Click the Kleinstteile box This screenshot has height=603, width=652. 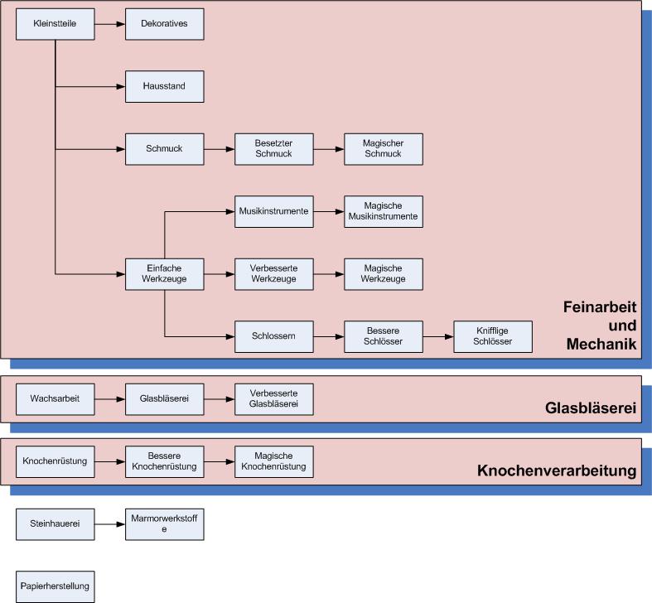tap(56, 24)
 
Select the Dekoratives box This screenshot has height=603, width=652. tap(164, 24)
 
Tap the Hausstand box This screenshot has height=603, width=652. tap(164, 86)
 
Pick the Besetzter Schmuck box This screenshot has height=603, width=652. tap(273, 149)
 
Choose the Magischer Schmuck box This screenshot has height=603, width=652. tap(383, 149)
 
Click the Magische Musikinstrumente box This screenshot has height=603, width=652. tap(383, 211)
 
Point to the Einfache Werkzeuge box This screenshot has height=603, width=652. tap(164, 273)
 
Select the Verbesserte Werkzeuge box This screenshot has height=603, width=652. tap(273, 273)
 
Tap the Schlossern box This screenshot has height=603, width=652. tap(273, 336)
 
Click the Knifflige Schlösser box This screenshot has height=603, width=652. tap(492, 336)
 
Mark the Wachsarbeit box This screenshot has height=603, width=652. tap(56, 398)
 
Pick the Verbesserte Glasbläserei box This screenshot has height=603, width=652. tap(273, 398)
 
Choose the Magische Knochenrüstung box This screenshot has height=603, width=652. tap(273, 461)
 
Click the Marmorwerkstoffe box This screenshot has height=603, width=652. tap(164, 523)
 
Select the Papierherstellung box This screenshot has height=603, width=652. tap(56, 586)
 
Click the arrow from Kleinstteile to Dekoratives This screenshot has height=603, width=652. tap(109, 24)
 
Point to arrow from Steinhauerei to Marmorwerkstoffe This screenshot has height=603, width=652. tap(109, 523)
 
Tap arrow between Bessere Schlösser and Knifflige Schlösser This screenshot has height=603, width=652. tap(437, 336)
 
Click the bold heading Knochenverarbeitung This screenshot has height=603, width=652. tap(556, 471)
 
